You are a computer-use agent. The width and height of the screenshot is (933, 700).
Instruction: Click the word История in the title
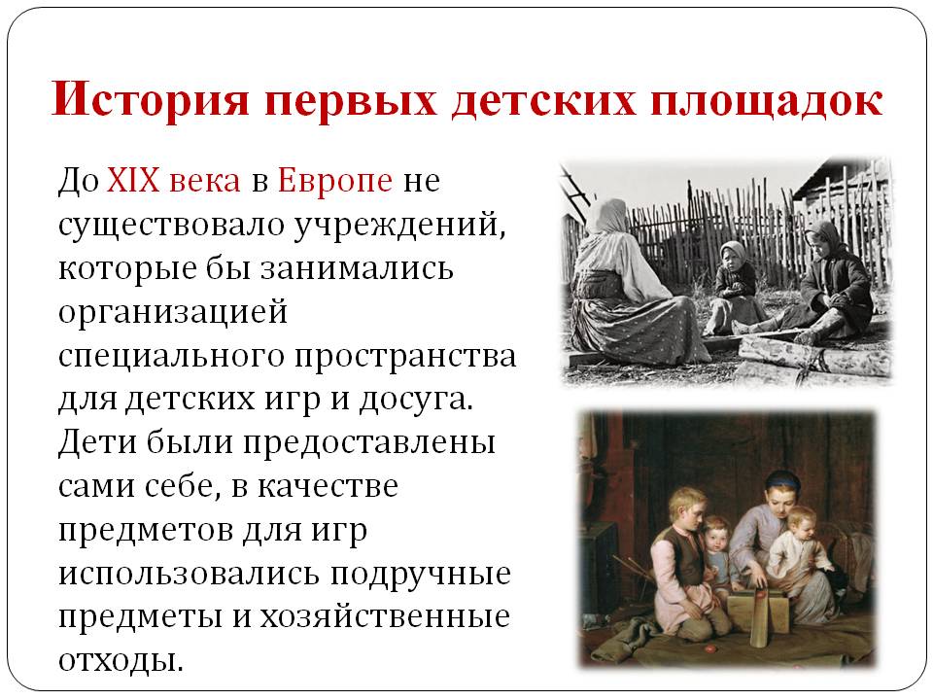point(150,99)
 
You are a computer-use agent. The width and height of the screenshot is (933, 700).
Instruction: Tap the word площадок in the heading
point(767,100)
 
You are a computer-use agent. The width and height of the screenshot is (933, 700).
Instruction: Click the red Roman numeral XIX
point(133,179)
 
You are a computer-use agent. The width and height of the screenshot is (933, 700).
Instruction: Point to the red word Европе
point(335,181)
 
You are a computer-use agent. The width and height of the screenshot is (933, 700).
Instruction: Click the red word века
point(205,181)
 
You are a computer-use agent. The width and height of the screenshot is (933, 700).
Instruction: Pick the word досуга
point(416,400)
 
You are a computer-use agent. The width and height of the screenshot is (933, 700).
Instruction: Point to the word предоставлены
point(369,444)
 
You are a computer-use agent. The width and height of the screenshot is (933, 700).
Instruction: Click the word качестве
point(328,487)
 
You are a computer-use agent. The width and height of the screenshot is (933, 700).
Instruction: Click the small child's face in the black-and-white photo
point(730,257)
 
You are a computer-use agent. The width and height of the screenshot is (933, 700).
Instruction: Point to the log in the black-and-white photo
point(814,356)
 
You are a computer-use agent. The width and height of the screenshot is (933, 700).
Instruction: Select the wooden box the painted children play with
point(758,613)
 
